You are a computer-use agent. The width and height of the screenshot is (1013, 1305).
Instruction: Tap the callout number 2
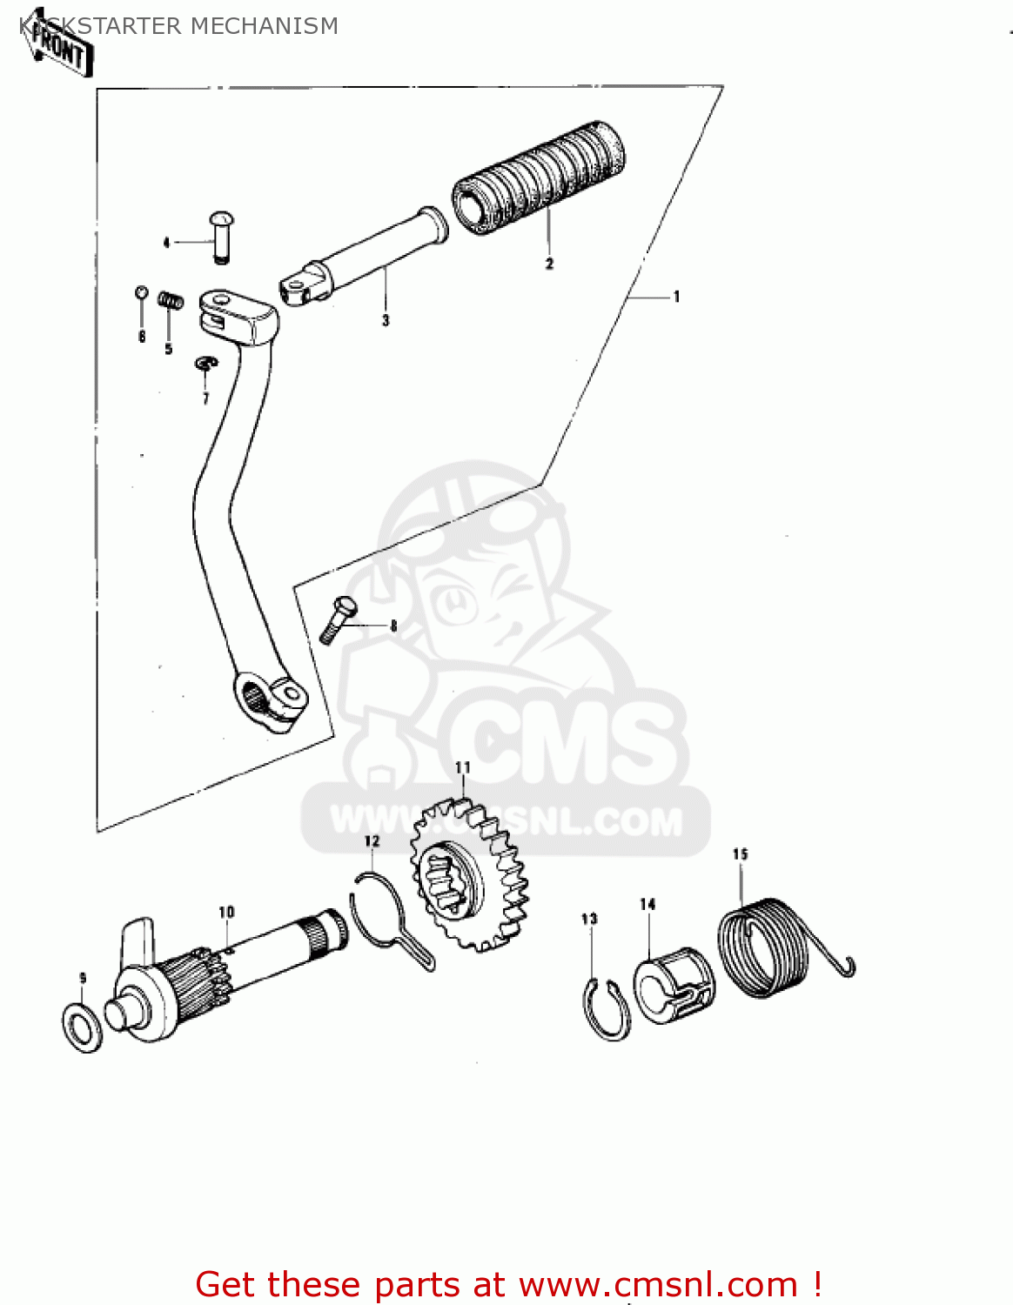(x=549, y=264)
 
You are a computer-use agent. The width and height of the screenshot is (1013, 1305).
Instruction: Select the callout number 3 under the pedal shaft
(x=386, y=321)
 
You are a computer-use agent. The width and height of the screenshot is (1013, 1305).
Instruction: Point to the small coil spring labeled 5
(x=171, y=301)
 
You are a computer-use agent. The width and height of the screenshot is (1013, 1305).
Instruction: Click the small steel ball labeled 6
(x=141, y=292)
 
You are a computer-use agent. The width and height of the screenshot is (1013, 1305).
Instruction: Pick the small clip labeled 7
(x=205, y=362)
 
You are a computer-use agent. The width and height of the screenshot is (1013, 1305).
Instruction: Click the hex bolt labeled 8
(x=338, y=619)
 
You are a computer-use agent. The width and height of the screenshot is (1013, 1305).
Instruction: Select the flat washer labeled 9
(x=82, y=1027)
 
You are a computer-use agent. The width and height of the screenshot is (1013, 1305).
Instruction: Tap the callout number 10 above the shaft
(x=226, y=912)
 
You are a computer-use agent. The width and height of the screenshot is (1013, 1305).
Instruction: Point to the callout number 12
(x=372, y=841)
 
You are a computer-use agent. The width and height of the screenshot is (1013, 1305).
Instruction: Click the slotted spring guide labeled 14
(x=674, y=985)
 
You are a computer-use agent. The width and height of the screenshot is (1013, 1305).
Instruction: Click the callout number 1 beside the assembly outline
(x=676, y=297)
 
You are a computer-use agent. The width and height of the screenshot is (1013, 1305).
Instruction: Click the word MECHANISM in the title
(x=264, y=26)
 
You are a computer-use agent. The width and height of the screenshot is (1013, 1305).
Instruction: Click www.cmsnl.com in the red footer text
(x=658, y=1284)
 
